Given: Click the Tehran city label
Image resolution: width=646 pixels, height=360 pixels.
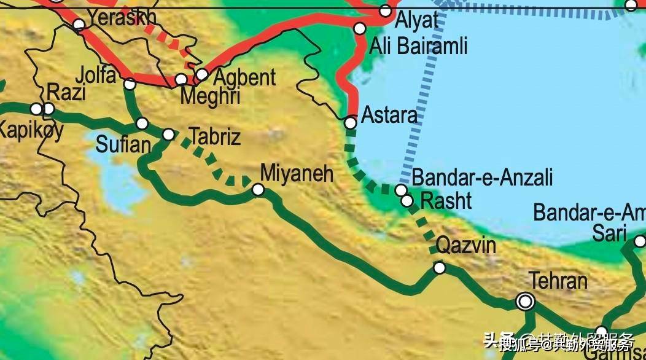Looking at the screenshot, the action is click(558, 281).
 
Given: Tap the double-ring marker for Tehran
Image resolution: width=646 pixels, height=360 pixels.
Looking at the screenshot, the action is click(525, 301).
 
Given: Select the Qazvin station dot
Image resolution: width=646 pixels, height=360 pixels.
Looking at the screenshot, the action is click(440, 267).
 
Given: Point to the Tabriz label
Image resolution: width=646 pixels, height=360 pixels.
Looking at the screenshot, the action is click(216, 136).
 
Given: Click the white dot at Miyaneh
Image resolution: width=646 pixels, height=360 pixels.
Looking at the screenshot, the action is click(259, 190).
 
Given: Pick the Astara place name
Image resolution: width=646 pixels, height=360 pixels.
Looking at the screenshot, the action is click(389, 115).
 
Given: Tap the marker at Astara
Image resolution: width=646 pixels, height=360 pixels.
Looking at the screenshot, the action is click(350, 123).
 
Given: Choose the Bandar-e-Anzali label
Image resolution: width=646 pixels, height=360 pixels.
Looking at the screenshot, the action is click(482, 178).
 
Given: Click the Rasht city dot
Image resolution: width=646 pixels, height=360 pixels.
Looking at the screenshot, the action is click(407, 200).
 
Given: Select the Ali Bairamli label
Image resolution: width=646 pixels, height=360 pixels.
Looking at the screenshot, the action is click(418, 45).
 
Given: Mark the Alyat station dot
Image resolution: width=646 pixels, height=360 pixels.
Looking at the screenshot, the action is click(385, 10).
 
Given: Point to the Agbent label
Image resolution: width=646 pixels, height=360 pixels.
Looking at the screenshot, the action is click(244, 77).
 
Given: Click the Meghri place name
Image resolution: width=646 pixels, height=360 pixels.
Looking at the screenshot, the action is click(209, 97).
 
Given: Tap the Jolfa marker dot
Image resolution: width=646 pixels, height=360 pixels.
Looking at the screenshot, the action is click(130, 84).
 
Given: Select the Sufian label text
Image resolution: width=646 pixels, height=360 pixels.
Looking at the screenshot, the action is click(123, 145).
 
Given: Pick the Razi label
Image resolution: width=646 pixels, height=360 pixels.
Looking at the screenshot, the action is click(66, 93).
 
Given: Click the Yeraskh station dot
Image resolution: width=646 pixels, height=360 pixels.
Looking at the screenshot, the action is click(79, 25).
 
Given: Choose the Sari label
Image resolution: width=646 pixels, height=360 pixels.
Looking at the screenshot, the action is click(609, 233).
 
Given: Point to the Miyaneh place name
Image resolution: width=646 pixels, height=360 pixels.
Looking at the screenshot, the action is click(297, 173).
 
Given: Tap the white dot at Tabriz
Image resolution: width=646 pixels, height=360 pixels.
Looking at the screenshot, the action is click(168, 134).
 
